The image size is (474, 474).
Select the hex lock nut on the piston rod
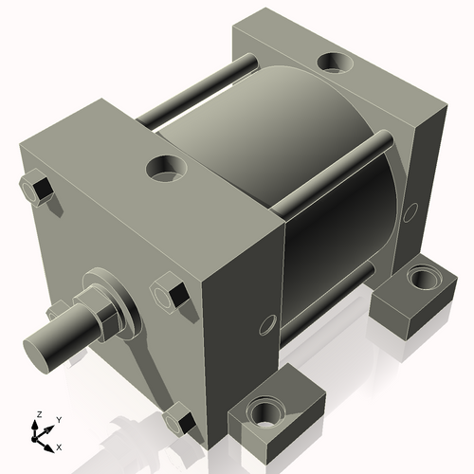coord(112,314)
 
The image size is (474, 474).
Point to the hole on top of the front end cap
coord(167,171)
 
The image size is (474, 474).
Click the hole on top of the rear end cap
coord(334,63)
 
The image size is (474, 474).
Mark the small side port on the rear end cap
coord(410,210)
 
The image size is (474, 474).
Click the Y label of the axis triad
coord(59,418)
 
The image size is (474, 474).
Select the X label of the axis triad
coord(60,446)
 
